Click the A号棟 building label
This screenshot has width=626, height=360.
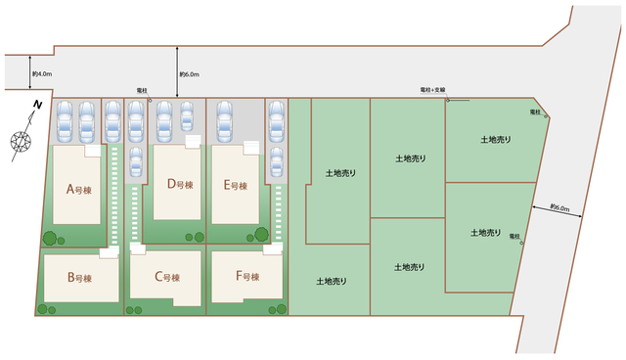[x=79, y=189]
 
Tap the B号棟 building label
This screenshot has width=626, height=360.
[x=80, y=278]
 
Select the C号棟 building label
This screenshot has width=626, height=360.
[x=167, y=277]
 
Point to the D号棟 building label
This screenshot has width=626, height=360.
[x=180, y=184]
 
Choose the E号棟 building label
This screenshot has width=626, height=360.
[x=236, y=185]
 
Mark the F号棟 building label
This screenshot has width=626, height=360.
[x=247, y=276]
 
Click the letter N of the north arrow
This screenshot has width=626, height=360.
[x=37, y=105]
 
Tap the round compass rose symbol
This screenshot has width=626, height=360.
[x=21, y=141]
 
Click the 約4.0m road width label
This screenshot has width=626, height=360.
[x=42, y=73]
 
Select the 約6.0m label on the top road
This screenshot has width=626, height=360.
[x=189, y=74]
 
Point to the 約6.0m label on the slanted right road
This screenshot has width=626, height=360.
[x=559, y=208]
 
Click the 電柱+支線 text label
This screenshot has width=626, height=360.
[x=432, y=90]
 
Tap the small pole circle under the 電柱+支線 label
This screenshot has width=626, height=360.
[x=448, y=100]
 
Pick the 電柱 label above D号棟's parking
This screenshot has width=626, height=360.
[x=142, y=91]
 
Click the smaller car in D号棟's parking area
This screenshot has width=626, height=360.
[x=187, y=116]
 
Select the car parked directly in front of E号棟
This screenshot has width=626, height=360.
[x=224, y=121]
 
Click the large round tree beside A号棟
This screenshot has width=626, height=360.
[x=50, y=239]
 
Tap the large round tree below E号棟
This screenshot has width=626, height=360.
[x=262, y=234]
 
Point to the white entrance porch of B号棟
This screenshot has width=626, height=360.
[x=110, y=252]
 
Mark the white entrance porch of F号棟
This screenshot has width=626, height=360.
[x=273, y=249]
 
